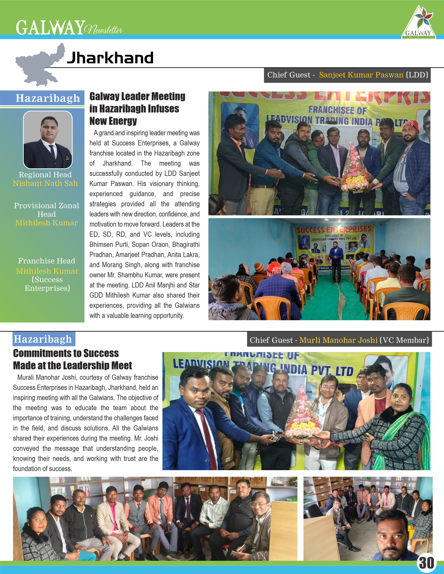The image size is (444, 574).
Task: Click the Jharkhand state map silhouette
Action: coord(40,66)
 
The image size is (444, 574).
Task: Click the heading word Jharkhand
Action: coord(110,58)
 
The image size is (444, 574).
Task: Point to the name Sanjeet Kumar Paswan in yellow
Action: coord(361,75)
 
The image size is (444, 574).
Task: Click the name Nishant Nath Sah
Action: coord(45,183)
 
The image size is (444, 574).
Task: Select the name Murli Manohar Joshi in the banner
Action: coord(338,340)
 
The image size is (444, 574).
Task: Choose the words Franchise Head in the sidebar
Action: coord(46,261)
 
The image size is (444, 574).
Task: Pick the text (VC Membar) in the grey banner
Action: coord(404,340)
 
